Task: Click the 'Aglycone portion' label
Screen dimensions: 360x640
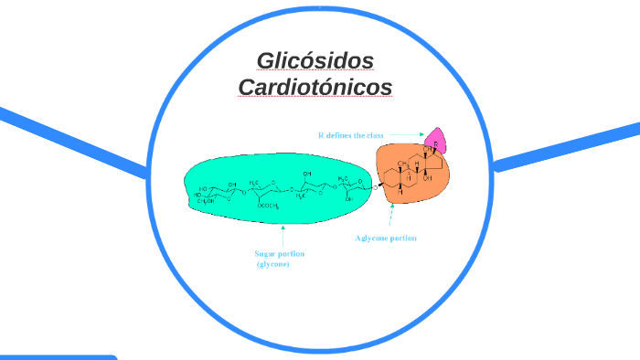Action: click(386, 238)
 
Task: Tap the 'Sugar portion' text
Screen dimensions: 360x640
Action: click(279, 253)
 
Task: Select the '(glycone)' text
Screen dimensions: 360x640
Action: click(272, 264)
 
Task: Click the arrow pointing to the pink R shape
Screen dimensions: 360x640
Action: click(407, 135)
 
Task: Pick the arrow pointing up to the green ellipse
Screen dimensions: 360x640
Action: click(283, 234)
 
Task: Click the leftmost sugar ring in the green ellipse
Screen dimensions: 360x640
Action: click(215, 193)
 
